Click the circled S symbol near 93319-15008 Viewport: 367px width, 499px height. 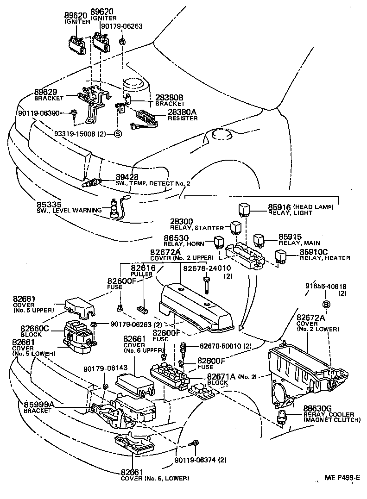pyautogui.click(x=117, y=134)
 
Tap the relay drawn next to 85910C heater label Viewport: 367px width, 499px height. pyautogui.click(x=280, y=256)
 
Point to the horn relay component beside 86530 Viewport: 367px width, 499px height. pyautogui.click(x=219, y=242)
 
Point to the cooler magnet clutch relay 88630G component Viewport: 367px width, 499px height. pyautogui.click(x=282, y=417)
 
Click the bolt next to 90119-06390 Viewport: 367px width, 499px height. pyautogui.click(x=74, y=112)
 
